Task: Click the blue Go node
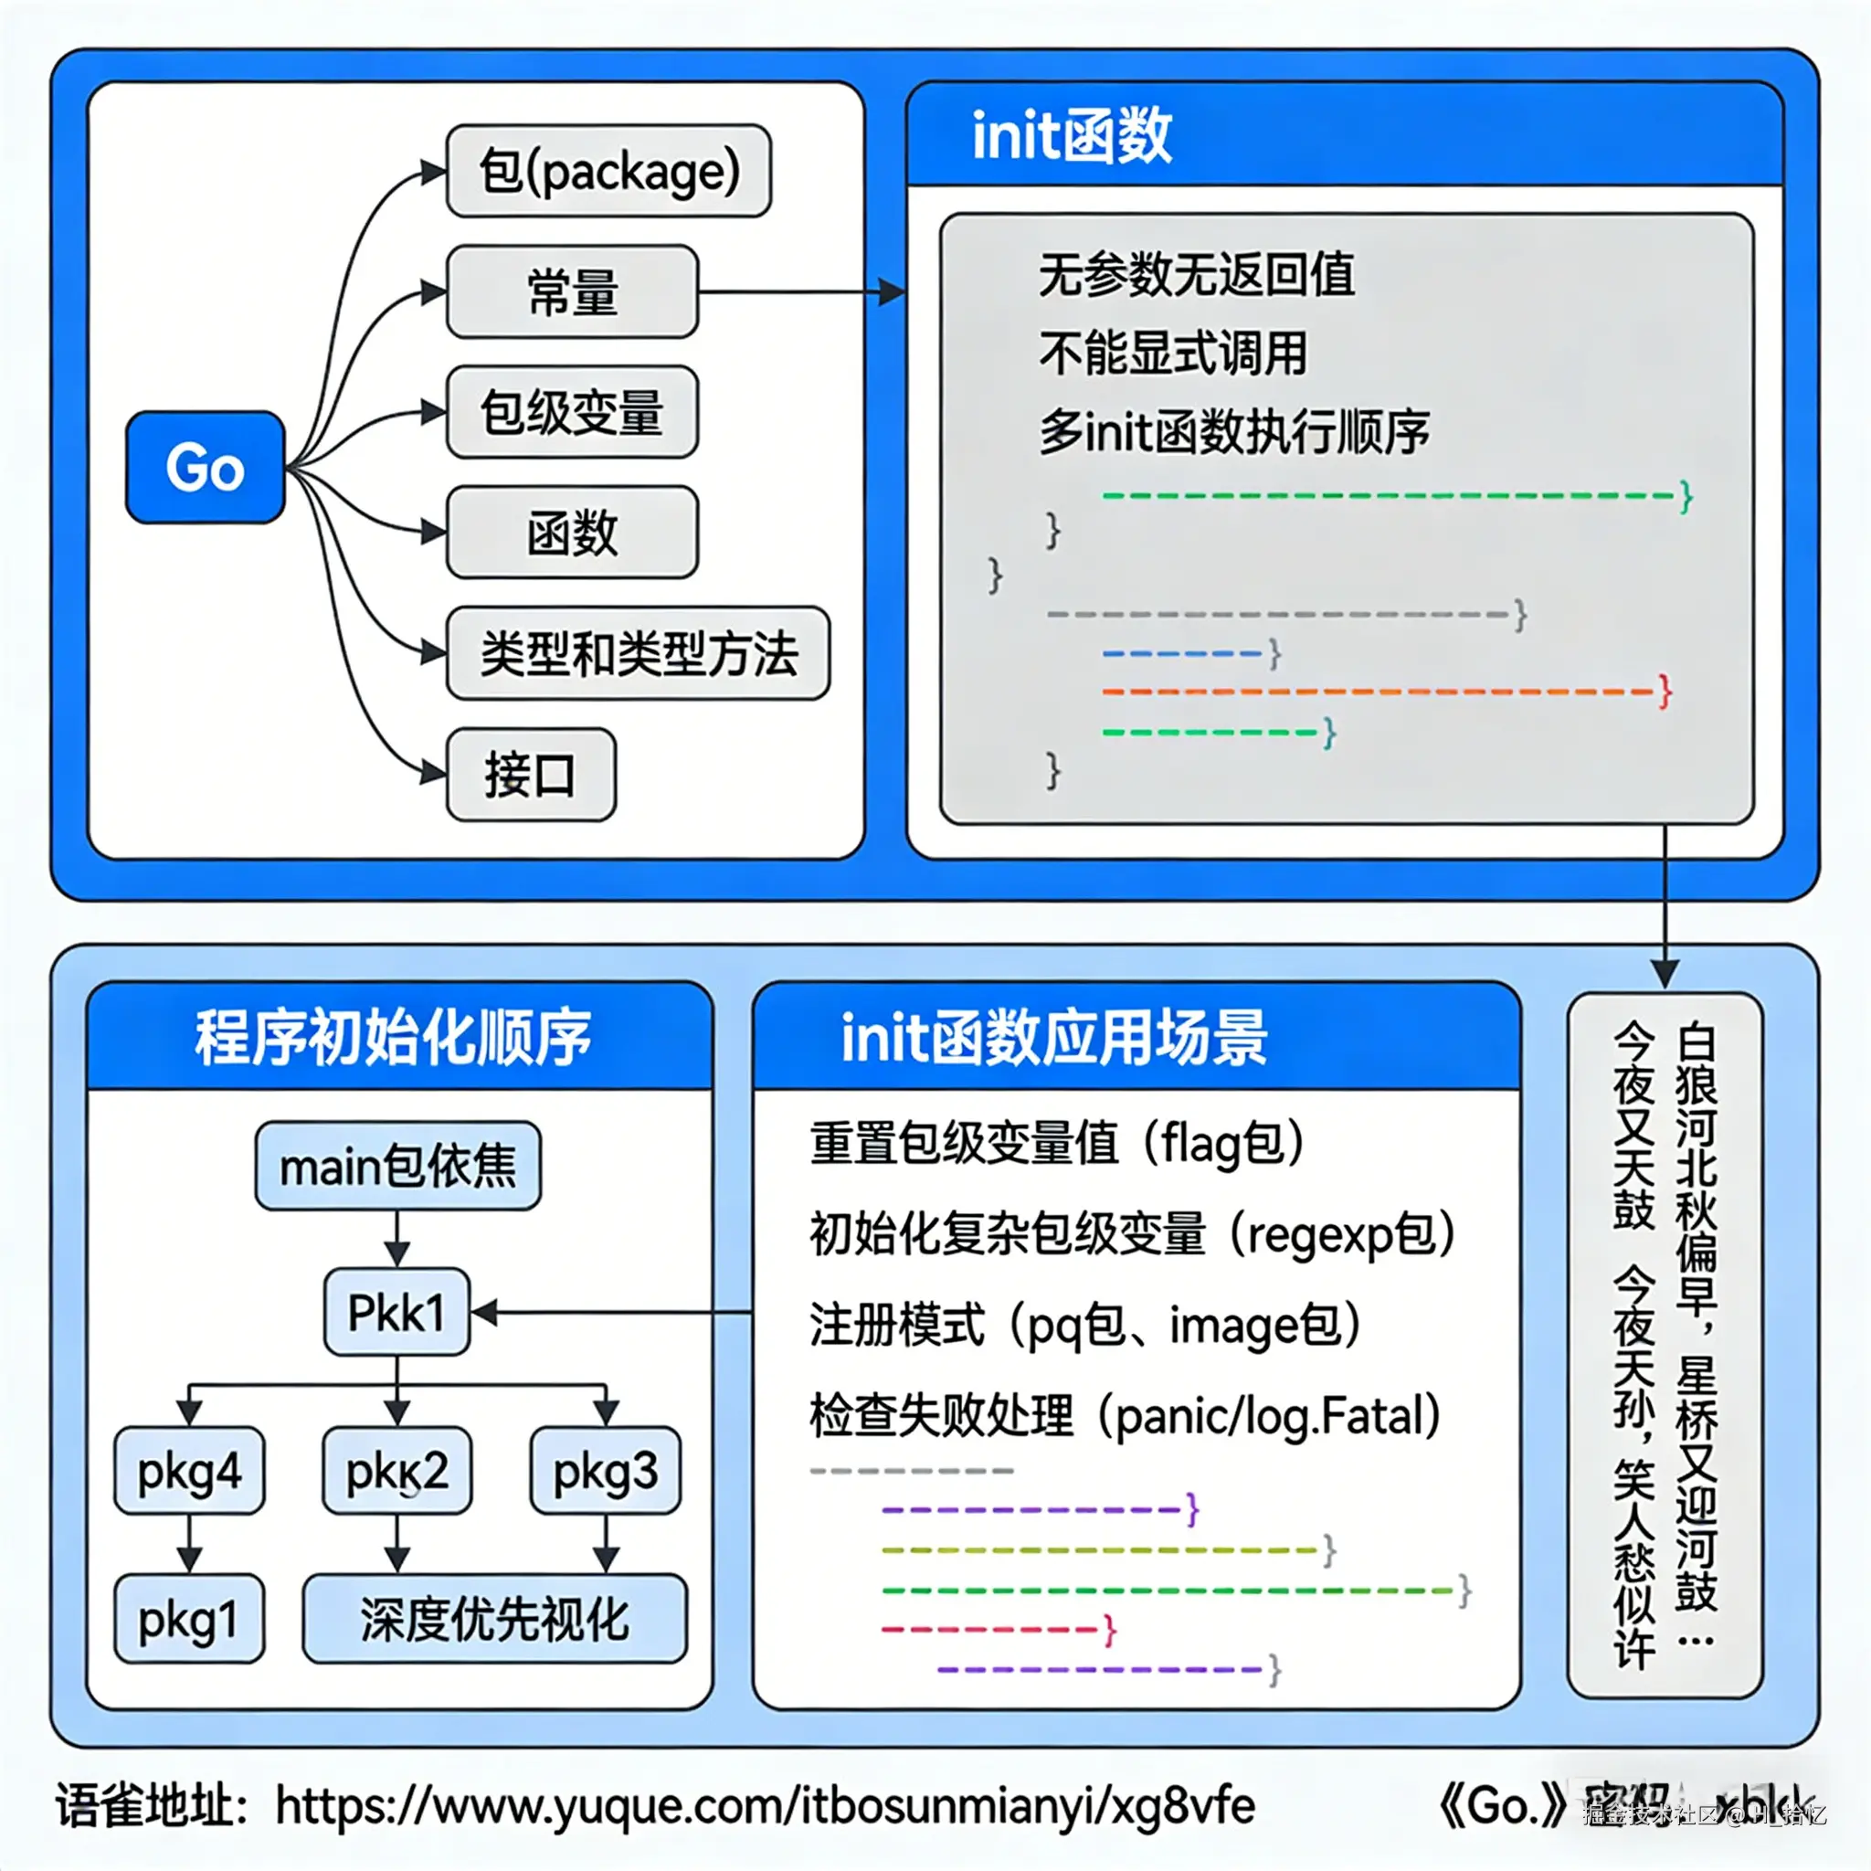205,468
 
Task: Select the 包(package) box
608,172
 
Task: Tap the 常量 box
571,291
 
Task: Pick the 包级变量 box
571,413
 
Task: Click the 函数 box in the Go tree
571,533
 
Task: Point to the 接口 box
530,775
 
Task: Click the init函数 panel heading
1071,135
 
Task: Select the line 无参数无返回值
1196,275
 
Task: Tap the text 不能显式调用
1173,353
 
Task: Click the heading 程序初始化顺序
393,1037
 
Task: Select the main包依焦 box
397,1166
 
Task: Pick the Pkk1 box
396,1312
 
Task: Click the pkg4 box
189,1471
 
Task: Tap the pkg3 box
606,1471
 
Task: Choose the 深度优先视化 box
494,1618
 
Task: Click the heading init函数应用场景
1053,1037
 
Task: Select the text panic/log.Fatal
1277,1416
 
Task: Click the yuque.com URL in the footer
765,1805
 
